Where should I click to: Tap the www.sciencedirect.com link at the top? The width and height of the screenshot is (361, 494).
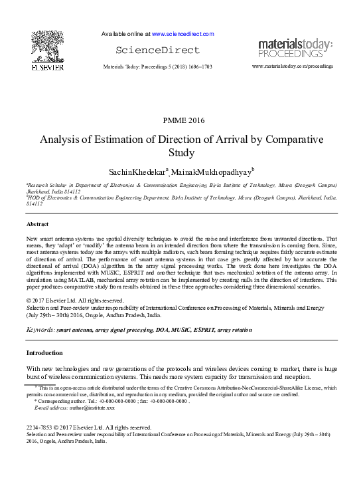pyautogui.click(x=182, y=33)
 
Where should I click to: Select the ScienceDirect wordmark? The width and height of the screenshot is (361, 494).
pyautogui.click(x=148, y=51)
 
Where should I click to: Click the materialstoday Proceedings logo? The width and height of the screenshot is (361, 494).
pyautogui.click(x=295, y=49)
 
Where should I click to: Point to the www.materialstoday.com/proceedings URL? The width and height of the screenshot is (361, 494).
pyautogui.click(x=293, y=68)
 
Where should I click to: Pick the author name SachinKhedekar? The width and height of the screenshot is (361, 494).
pyautogui.click(x=137, y=173)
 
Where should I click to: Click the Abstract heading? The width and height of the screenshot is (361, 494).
pyautogui.click(x=38, y=225)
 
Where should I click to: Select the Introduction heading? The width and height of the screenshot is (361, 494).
pyautogui.click(x=44, y=352)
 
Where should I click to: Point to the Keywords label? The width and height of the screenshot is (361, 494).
pyautogui.click(x=40, y=330)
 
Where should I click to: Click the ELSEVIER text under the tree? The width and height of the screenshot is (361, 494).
pyautogui.click(x=47, y=67)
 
